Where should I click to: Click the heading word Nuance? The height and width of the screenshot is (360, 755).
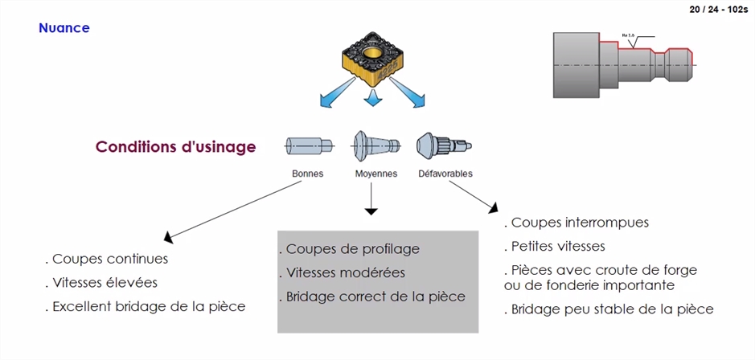pos(64,28)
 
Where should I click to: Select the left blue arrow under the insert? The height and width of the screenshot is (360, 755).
pos(332,98)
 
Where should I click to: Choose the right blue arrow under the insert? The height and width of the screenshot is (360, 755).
pos(413,98)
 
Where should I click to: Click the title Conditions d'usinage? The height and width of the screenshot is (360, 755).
pos(175,147)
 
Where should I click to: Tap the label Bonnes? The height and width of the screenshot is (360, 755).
pos(307,174)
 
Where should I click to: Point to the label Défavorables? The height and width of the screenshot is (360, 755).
pos(445,174)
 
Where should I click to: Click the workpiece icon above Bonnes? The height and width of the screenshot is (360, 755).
pos(309,146)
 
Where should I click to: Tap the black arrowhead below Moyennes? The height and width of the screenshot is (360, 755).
pos(371,211)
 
